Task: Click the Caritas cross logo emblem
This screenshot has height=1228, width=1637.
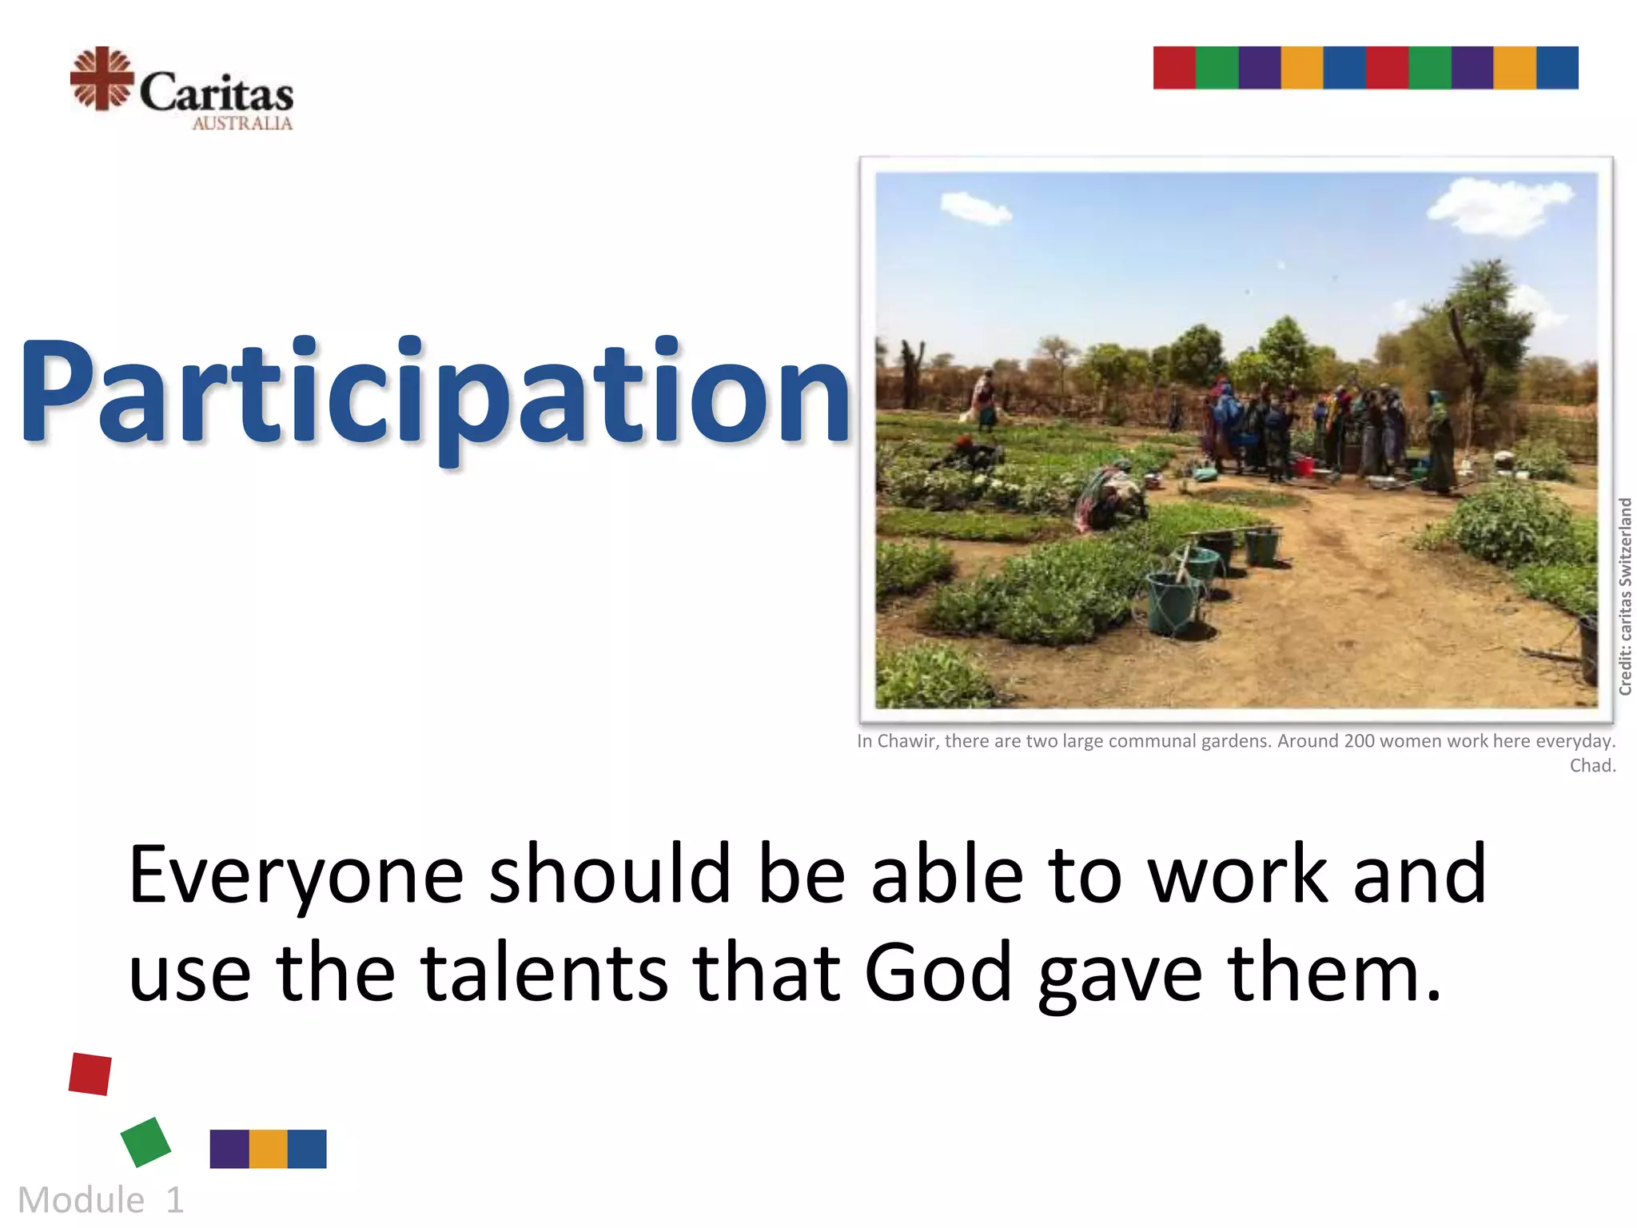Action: (102, 78)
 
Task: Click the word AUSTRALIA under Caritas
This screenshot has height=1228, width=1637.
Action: (242, 123)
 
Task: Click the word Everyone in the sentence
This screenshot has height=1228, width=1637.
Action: (296, 876)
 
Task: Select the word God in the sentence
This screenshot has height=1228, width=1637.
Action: (938, 973)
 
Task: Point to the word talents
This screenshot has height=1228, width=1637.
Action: (544, 973)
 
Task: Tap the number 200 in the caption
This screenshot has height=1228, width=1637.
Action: (1360, 741)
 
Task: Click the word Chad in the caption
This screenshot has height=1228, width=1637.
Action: (1591, 766)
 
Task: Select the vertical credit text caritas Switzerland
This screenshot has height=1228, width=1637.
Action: (1625, 596)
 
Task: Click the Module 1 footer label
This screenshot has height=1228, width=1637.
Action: (101, 1200)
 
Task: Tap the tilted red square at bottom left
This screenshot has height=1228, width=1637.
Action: (90, 1074)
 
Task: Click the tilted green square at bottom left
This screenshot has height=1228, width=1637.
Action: (145, 1142)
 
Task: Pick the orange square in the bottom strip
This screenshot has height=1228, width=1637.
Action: (269, 1149)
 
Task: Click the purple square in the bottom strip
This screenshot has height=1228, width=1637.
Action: (229, 1149)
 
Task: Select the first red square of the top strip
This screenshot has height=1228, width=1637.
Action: (1174, 68)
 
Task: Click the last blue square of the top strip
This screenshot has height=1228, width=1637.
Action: (1557, 68)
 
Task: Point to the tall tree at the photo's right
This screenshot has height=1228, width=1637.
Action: (1479, 336)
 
